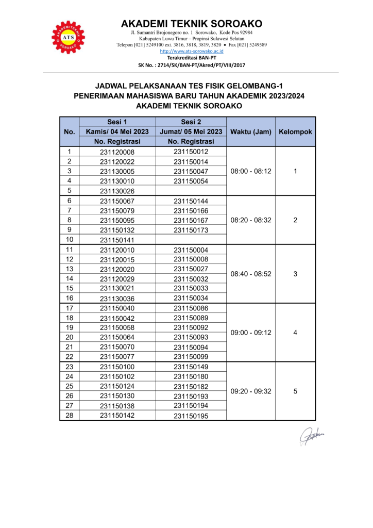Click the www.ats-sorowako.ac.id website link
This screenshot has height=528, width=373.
pos(192,52)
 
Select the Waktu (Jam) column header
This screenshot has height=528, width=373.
pos(251,131)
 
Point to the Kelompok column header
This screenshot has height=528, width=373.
pos(295,131)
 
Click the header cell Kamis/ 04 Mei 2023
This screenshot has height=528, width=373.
pos(117,131)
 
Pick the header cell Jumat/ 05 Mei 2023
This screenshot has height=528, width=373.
pos(191,131)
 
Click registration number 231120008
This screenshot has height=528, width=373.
pos(117,152)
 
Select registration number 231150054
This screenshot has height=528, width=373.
pos(191,181)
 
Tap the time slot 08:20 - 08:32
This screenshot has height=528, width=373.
pos(251,220)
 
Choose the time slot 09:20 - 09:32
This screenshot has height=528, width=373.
pos(251,391)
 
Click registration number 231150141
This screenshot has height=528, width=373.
pos(117,240)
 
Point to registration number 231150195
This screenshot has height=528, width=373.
pos(191,416)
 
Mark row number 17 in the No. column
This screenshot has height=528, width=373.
pos(70,308)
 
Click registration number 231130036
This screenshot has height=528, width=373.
pos(117,299)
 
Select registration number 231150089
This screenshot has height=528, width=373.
pos(191,318)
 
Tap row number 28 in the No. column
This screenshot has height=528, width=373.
pos(70,416)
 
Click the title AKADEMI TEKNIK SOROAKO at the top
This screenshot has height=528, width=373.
pos(192,24)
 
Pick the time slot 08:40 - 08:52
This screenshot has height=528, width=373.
pos(251,274)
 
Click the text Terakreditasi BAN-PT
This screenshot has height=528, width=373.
pos(192,58)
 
